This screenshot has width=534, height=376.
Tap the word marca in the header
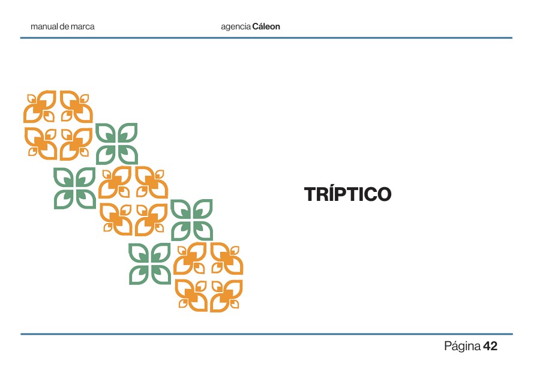coord(83,27)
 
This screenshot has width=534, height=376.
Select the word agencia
coord(236,27)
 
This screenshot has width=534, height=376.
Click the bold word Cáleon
coord(266,27)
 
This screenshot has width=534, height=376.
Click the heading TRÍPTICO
coord(347,194)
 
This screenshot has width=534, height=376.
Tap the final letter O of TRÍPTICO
coord(383,194)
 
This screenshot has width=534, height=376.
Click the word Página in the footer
coord(462,347)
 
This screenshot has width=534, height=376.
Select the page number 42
coord(490,347)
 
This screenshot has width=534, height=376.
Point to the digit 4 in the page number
coord(487,347)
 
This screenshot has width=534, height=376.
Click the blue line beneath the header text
coord(266,38)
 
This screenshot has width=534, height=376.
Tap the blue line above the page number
coord(266,334)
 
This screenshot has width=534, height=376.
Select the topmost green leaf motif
coord(116,144)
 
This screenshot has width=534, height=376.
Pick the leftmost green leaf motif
coord(74,188)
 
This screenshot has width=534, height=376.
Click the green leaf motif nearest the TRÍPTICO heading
coord(191,219)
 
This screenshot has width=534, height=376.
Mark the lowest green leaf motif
coord(150,263)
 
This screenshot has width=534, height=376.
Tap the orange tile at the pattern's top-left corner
coord(41,107)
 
